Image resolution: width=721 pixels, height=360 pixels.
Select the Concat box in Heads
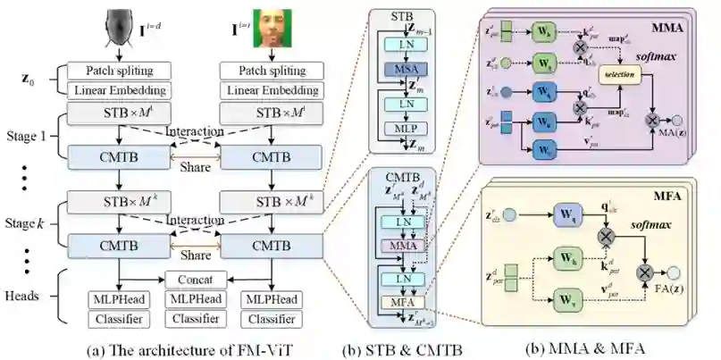pyautogui.click(x=194, y=279)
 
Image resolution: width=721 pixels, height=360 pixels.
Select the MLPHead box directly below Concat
pyautogui.click(x=194, y=297)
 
